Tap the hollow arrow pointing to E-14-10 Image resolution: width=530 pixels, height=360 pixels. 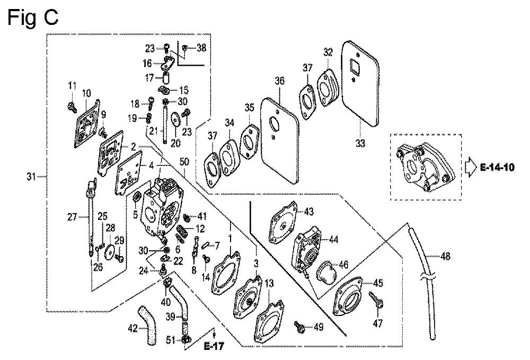471,168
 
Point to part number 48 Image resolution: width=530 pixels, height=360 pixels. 445,257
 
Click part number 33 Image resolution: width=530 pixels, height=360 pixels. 360,128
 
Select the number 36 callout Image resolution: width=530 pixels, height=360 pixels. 279,81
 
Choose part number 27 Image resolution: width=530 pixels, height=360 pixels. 72,216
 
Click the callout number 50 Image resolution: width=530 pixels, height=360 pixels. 184,160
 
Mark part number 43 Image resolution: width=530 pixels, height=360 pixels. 308,212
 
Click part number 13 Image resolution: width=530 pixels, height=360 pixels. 270,283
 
